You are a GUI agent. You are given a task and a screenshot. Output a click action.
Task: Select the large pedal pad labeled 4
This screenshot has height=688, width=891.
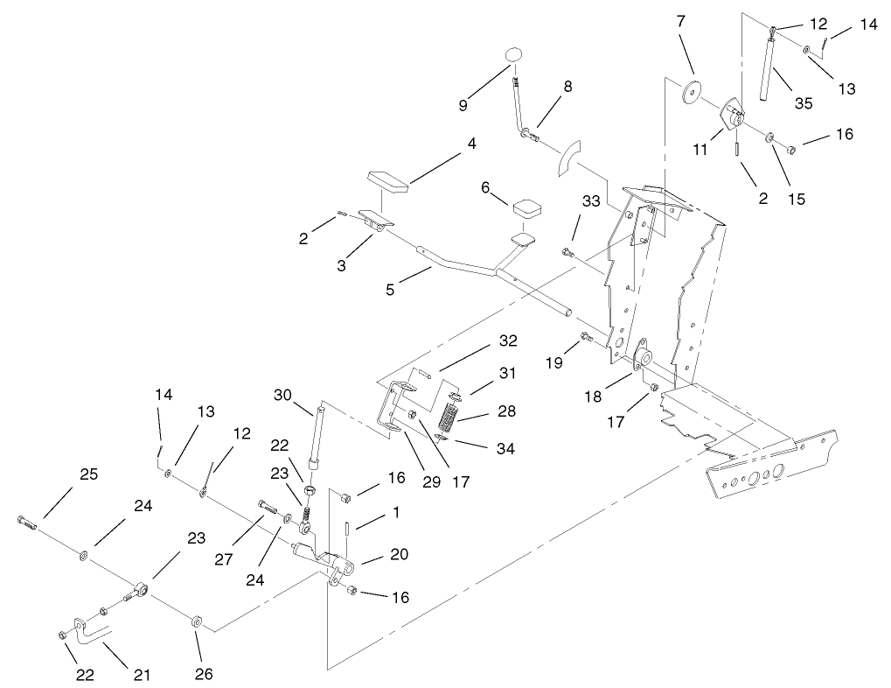point(387,181)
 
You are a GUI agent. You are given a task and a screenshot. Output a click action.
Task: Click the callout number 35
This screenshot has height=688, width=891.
point(803,103)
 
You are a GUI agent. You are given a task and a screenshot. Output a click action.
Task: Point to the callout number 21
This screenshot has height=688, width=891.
point(141,675)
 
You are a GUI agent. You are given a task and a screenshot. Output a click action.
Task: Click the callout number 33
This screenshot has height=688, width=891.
point(591,201)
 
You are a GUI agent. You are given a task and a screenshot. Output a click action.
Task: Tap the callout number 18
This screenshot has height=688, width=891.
point(594,397)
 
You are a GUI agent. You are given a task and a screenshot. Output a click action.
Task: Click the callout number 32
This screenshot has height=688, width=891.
point(484,340)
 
